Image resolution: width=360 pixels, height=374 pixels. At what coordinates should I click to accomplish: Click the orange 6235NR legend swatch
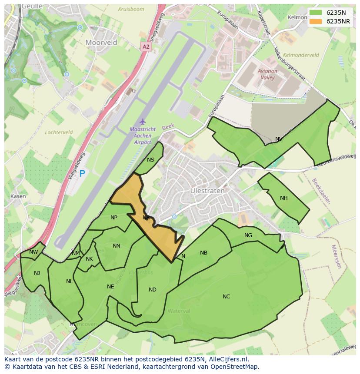click(x=316, y=21)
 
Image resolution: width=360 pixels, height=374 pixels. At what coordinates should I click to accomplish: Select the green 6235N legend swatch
click(x=316, y=13)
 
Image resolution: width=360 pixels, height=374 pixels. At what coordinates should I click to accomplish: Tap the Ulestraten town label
click(x=207, y=191)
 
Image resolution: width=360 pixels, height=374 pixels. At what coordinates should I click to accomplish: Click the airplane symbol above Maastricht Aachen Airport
click(x=142, y=121)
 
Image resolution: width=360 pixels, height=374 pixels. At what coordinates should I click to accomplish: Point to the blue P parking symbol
click(x=82, y=174)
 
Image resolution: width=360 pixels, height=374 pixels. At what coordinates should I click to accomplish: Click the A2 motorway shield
click(x=146, y=46)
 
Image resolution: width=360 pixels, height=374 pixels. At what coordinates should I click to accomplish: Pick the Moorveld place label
click(x=101, y=43)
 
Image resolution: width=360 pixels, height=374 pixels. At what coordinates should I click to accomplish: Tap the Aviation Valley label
click(x=267, y=74)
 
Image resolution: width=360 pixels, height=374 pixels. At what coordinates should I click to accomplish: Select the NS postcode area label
click(x=150, y=160)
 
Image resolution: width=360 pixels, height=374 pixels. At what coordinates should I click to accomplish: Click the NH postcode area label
click(x=283, y=198)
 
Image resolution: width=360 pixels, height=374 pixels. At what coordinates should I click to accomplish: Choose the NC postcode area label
click(x=226, y=297)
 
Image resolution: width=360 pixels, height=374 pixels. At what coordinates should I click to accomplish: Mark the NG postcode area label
click(x=248, y=235)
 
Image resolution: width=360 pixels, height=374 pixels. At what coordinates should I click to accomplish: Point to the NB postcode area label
click(x=203, y=253)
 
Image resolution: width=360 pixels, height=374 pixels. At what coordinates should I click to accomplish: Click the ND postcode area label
click(x=152, y=290)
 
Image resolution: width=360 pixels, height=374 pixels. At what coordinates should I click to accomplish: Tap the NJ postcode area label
click(x=37, y=273)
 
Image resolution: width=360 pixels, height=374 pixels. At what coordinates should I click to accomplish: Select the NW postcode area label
click(x=33, y=252)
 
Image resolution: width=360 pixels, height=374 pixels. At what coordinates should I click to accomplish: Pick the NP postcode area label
click(x=114, y=218)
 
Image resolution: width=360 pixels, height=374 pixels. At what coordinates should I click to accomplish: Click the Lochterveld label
click(x=58, y=132)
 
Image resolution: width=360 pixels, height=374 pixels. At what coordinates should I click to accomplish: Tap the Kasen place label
click(x=18, y=196)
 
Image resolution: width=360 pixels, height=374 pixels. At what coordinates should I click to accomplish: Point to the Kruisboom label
click(x=130, y=9)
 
